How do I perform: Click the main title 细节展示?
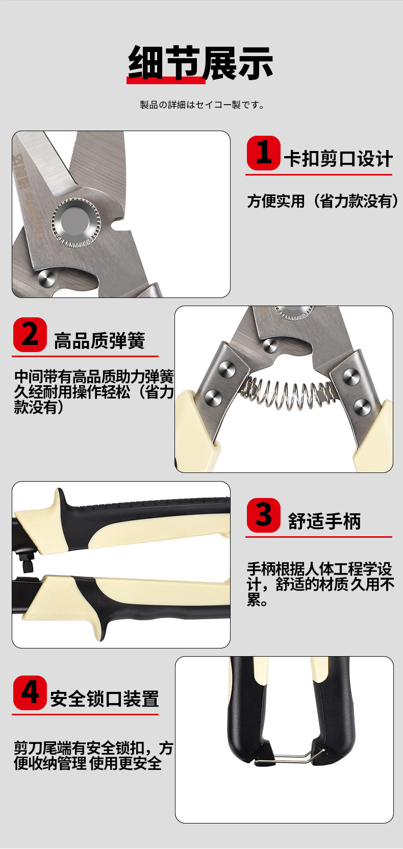point(200,63)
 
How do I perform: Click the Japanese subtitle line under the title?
point(202,105)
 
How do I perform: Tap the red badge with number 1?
point(264,153)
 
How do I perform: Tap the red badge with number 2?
point(30,335)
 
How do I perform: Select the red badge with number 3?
point(264,515)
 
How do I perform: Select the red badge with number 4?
point(30,692)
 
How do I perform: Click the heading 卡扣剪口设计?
point(338,159)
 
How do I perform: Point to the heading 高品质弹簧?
point(99,340)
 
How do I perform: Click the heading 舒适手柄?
point(324,521)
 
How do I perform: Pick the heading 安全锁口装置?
point(104,698)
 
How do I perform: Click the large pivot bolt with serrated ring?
point(75,220)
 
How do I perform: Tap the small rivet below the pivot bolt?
point(46,279)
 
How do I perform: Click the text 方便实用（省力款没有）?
point(323,201)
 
